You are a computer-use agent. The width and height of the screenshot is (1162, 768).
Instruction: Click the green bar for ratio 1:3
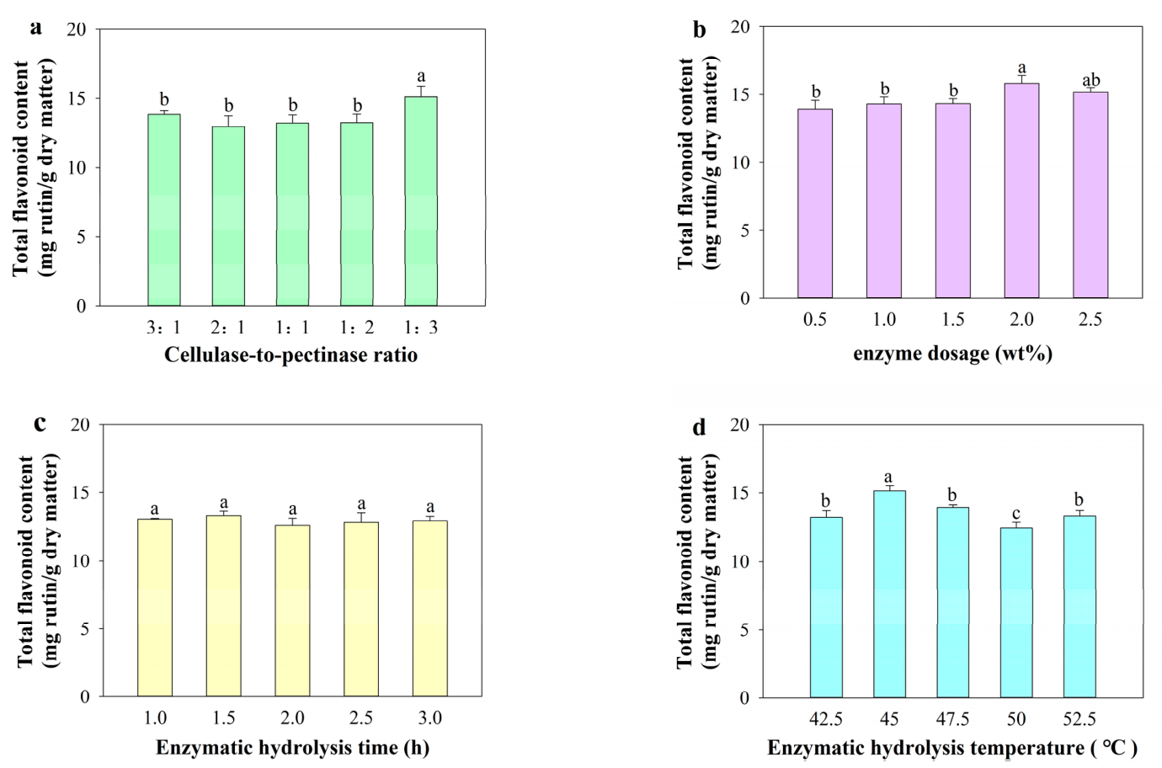point(421,201)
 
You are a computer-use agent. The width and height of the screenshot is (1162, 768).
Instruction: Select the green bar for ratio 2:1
point(228,216)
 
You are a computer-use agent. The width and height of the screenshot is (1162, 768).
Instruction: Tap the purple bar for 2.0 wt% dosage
point(1021,191)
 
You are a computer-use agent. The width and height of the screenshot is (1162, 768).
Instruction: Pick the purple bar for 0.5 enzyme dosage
point(815,204)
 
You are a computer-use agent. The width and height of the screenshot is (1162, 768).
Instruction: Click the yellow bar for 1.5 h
point(224,606)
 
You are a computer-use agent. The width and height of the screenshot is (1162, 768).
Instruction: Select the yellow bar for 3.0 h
point(430,609)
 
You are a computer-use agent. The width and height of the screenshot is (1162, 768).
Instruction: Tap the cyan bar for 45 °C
point(889,595)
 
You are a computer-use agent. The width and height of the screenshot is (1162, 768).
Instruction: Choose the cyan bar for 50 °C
point(1016,613)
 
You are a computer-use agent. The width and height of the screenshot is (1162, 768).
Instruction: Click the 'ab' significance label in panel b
point(1090,80)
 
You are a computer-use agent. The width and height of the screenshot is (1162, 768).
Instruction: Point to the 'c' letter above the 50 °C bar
point(1016,514)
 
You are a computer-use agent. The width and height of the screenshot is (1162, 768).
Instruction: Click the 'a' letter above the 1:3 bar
point(421,77)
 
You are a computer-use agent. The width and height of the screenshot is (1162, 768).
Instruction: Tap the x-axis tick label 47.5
point(952,718)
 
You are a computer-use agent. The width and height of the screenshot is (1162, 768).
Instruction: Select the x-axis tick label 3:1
point(163,328)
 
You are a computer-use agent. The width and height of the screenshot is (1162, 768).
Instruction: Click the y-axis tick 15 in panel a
point(77,99)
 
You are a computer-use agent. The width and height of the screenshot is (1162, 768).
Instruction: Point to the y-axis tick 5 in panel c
point(86,629)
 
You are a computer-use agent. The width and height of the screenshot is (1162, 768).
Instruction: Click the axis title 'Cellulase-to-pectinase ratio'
point(291,355)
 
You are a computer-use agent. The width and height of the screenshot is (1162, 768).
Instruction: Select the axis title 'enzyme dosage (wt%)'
point(953,355)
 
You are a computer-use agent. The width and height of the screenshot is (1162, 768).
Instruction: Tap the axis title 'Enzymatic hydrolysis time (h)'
point(292,749)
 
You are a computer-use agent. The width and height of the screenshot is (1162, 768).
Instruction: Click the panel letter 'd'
point(699,428)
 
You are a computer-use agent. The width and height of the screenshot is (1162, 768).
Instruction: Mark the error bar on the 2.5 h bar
point(361,517)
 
